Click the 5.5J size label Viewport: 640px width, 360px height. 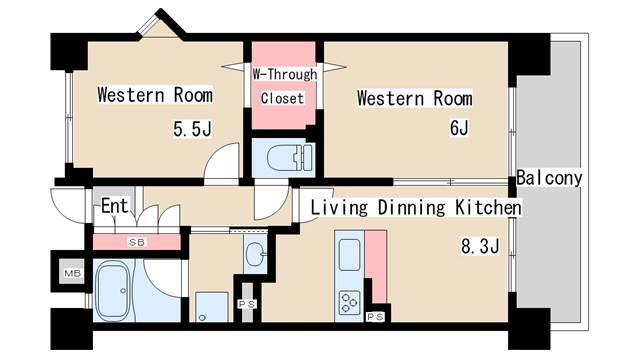pyautogui.click(x=192, y=129)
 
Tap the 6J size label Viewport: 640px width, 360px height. pyautogui.click(x=459, y=128)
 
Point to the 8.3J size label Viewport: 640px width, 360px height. pyautogui.click(x=480, y=247)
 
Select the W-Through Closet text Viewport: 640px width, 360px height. pyautogui.click(x=284, y=86)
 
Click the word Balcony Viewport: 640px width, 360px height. pyautogui.click(x=549, y=178)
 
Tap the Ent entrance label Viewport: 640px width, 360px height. pyautogui.click(x=115, y=206)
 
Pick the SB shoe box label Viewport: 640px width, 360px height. pyautogui.click(x=137, y=242)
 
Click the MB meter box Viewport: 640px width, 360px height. pyautogui.click(x=73, y=273)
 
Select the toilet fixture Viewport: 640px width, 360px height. pyautogui.click(x=290, y=157)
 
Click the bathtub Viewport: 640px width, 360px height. pyautogui.click(x=113, y=290)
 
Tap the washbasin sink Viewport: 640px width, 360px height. pyautogui.click(x=256, y=253)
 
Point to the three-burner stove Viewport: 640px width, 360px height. pyautogui.click(x=349, y=302)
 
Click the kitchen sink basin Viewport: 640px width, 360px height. pyautogui.click(x=349, y=255)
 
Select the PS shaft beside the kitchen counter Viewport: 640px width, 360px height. pyautogui.click(x=375, y=316)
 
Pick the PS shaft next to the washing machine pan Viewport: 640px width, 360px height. pyautogui.click(x=247, y=304)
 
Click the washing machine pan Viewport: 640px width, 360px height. pyautogui.click(x=211, y=307)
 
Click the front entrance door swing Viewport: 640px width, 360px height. pyautogui.click(x=68, y=206)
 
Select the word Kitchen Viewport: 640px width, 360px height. pyautogui.click(x=488, y=207)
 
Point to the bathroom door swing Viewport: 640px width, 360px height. pyautogui.click(x=164, y=278)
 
